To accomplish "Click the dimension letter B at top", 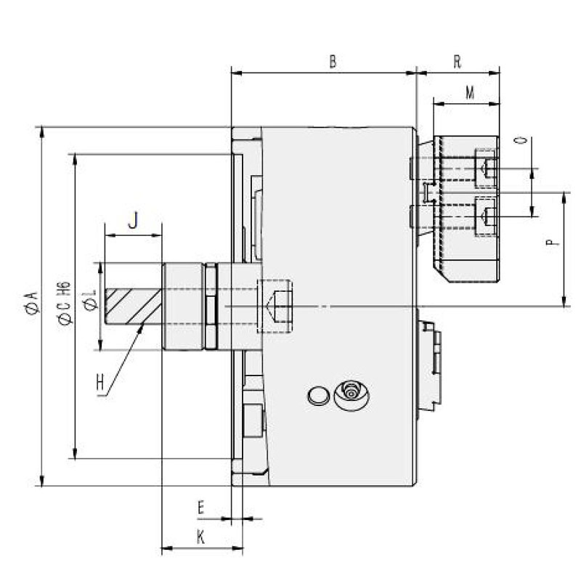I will [333, 62].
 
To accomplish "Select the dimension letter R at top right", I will [458, 62].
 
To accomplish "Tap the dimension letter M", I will [470, 93].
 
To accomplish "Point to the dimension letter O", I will [518, 141].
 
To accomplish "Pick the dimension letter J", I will [133, 221].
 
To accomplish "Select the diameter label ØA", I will [30, 302].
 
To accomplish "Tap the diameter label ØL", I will [90, 300].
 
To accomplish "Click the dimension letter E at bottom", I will [201, 508].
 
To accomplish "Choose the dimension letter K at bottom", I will [201, 537].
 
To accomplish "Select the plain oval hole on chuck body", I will [317, 396].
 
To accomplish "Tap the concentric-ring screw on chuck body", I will [352, 395].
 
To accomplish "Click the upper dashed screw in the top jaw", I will [485, 169].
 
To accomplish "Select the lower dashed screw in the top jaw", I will [485, 216].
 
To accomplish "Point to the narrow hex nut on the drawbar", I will [211, 306].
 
